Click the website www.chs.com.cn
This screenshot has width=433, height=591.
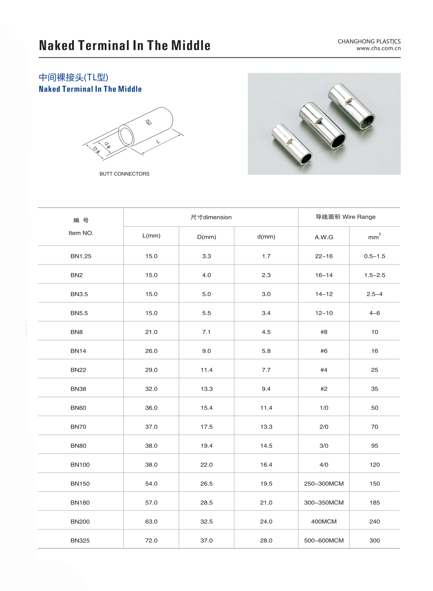point(378,48)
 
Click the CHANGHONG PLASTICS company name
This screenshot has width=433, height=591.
point(369,41)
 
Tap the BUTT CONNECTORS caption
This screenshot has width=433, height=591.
point(124,174)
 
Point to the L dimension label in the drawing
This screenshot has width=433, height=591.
point(158,142)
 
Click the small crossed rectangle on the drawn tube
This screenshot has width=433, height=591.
point(149,122)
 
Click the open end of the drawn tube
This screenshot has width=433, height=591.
point(126,136)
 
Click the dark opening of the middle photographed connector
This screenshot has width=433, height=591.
point(338,141)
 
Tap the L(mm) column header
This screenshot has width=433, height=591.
point(151,236)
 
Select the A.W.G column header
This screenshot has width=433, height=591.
point(324,237)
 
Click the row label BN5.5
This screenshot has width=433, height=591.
point(79,313)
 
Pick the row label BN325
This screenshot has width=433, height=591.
point(80,540)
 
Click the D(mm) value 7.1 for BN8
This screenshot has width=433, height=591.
point(206,332)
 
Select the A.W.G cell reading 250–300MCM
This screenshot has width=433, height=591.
point(324,484)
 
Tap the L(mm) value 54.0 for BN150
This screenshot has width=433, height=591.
point(151,484)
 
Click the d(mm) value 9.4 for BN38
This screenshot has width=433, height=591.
point(266,389)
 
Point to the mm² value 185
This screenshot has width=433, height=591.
point(375,503)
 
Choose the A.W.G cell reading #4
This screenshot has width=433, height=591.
point(324,370)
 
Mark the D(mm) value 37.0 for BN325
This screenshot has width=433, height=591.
point(206,540)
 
